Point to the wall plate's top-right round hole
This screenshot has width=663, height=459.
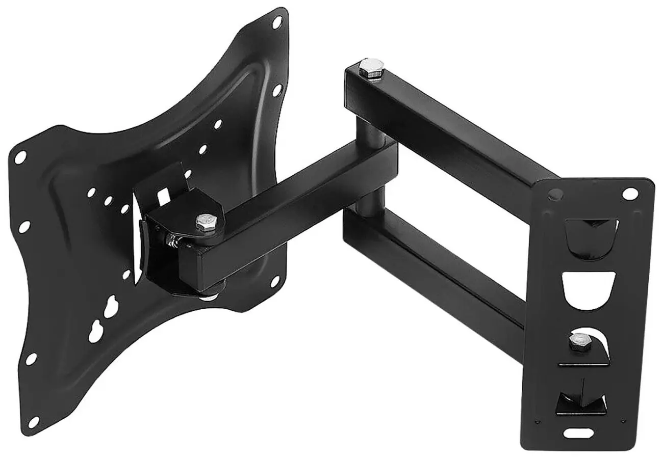(630, 194)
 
